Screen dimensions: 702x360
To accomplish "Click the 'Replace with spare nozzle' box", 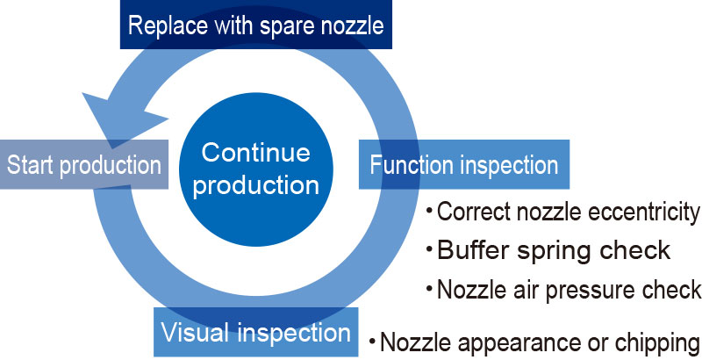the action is pyautogui.click(x=256, y=25).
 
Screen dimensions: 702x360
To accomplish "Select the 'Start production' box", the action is pyautogui.click(x=84, y=164).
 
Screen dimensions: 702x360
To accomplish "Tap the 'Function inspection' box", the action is pyautogui.click(x=464, y=164).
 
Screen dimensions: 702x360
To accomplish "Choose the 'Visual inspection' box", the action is pyautogui.click(x=256, y=332).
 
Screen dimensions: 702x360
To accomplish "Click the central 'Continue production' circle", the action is pyautogui.click(x=256, y=169).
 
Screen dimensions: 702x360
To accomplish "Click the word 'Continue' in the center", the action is pyautogui.click(x=256, y=152).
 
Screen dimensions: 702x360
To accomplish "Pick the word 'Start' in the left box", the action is pyautogui.click(x=31, y=165).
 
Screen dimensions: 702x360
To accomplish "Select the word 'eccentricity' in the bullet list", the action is pyautogui.click(x=644, y=212).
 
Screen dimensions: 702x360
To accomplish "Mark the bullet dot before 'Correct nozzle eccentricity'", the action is pyautogui.click(x=429, y=209).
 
